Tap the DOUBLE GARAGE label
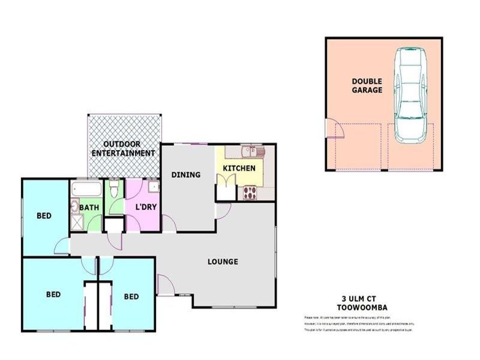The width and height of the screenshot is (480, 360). coord(367,85)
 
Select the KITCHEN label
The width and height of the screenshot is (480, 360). coord(239,169)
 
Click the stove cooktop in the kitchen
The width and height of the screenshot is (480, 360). coord(250,193)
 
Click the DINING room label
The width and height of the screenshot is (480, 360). coord(186,175)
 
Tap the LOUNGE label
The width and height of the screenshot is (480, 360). coord(223,262)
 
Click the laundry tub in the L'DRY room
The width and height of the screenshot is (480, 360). coord(154,187)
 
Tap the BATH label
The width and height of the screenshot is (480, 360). coord(90,208)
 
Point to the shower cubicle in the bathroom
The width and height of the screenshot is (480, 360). coord(78,223)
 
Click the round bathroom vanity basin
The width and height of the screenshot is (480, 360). coord(74,207)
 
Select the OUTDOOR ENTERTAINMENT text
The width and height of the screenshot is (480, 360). coord(123,148)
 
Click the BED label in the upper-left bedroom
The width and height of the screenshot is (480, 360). coord(43,215)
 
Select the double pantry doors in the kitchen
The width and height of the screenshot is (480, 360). coord(226,191)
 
